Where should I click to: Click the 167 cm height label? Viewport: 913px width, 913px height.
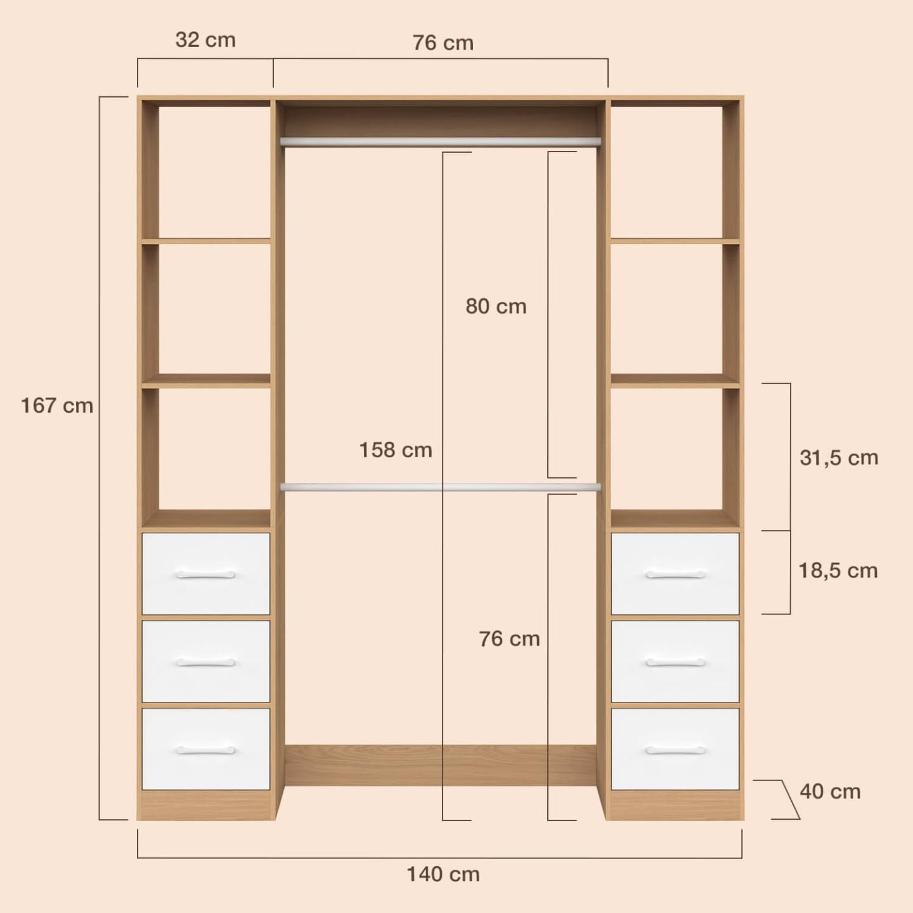57,406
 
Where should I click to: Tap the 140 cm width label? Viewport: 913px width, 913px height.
443,874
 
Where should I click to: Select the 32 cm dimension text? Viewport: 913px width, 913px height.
205,40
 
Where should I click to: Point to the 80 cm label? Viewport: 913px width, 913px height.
496,306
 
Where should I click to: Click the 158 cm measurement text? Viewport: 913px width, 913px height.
396,450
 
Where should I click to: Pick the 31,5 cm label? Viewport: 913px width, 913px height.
839,458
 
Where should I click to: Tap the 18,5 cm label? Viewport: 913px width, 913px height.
838,571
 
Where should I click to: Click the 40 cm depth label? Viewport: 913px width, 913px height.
830,792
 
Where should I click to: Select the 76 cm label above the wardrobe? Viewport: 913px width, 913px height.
443,42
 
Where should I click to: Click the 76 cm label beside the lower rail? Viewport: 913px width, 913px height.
509,638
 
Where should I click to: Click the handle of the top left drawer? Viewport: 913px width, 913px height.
205,575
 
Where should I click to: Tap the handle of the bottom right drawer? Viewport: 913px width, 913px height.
675,751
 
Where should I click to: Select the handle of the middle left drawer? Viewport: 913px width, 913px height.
205,663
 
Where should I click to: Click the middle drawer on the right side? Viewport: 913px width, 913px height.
675,661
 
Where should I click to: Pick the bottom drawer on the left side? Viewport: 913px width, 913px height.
205,749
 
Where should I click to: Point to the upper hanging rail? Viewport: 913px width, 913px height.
440,141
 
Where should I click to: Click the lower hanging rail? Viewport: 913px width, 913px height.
440,487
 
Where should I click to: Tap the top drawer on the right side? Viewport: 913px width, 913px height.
675,574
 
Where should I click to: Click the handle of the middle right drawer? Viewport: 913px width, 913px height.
675,663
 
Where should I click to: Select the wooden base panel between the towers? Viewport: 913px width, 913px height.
440,765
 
